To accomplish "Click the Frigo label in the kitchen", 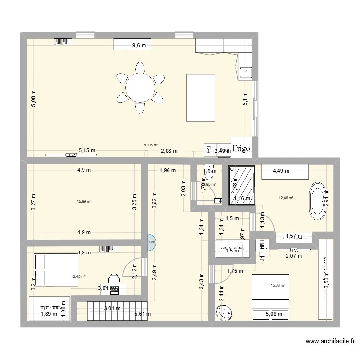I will click(241, 149).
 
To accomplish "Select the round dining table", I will click(140, 87).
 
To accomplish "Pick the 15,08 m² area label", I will click(278, 285).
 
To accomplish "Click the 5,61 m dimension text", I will click(143, 314).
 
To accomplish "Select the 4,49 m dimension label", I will click(281, 169).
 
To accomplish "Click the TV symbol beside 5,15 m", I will click(71, 155).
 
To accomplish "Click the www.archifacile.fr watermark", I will click(330, 342).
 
